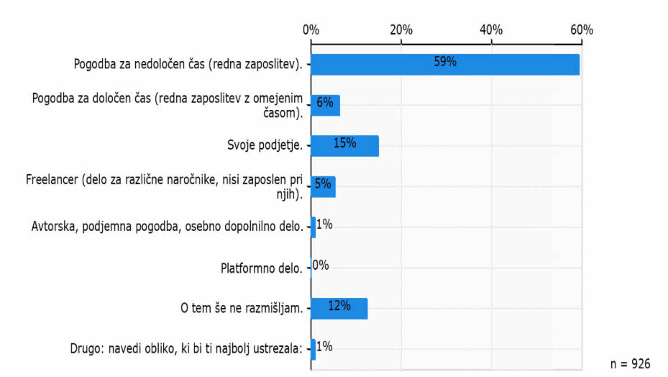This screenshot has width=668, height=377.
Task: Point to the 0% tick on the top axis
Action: click(311, 30)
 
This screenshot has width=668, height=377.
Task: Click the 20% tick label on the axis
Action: click(401, 30)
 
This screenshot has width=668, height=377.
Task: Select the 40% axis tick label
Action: click(491, 30)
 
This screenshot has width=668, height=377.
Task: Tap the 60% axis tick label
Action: click(581, 30)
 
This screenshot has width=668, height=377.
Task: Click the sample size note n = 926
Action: click(630, 364)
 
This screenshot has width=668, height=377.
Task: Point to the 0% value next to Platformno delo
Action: click(321, 265)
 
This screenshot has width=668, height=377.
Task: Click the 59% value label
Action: click(445, 62)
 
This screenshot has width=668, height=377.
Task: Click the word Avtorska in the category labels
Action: click(55, 227)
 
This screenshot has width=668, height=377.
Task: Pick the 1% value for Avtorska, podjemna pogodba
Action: click(324, 224)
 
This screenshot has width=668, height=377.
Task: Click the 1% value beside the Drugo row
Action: click(324, 347)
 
